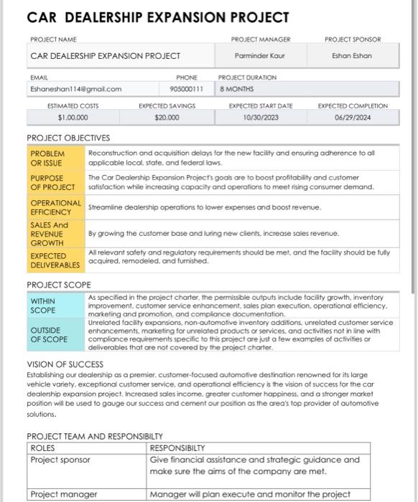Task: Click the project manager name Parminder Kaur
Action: point(259,55)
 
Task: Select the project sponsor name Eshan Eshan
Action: point(352,55)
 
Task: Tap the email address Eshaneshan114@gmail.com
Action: point(75,90)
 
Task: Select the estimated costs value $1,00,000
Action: point(73,118)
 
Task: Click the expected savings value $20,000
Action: point(166,118)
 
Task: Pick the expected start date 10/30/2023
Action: point(260,118)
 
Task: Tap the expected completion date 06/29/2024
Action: point(352,118)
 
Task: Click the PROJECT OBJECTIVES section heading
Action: point(68,138)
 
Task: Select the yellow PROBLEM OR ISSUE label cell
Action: point(55,158)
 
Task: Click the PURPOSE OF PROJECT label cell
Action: point(55,182)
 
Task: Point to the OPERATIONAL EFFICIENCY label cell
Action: point(55,207)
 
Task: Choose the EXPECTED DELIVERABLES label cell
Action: point(55,260)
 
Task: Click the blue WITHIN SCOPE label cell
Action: point(55,306)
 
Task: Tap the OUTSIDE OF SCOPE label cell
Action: point(55,335)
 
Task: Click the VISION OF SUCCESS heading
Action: point(65,364)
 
